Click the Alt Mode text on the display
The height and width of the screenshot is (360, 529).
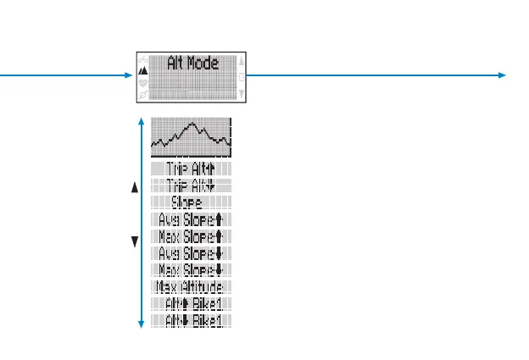point(192,64)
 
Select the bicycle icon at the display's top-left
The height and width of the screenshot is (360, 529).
point(142,60)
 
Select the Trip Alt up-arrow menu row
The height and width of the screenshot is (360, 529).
point(191,169)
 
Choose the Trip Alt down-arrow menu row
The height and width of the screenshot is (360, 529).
point(191,186)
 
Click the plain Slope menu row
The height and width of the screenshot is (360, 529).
point(191,202)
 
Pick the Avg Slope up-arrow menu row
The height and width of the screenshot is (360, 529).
point(191,219)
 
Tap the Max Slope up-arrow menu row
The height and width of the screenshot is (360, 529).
point(191,235)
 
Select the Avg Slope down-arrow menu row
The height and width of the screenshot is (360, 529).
point(191,252)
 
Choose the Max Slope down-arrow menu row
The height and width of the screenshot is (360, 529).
point(191,269)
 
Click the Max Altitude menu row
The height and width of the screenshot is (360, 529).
point(191,286)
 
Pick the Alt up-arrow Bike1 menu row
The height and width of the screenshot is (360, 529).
point(191,303)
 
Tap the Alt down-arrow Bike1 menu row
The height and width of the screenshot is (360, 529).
point(191,319)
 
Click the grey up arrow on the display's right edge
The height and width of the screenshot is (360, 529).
point(242,61)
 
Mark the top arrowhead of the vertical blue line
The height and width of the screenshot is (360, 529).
point(141,121)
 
